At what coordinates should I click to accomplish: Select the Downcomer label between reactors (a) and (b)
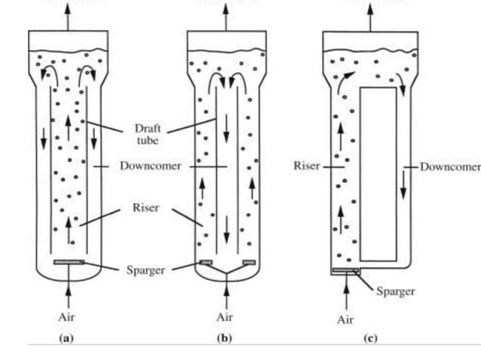(150, 166)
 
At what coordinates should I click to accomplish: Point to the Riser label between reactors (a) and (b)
(146, 208)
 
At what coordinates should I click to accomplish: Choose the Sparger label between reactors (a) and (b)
(146, 269)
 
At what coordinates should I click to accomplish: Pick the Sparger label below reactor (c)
(395, 291)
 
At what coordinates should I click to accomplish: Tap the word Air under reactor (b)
(224, 316)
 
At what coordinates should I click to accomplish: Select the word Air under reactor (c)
(345, 319)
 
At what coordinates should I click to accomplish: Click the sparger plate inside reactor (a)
(69, 262)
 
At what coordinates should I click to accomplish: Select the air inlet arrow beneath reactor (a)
(69, 290)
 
